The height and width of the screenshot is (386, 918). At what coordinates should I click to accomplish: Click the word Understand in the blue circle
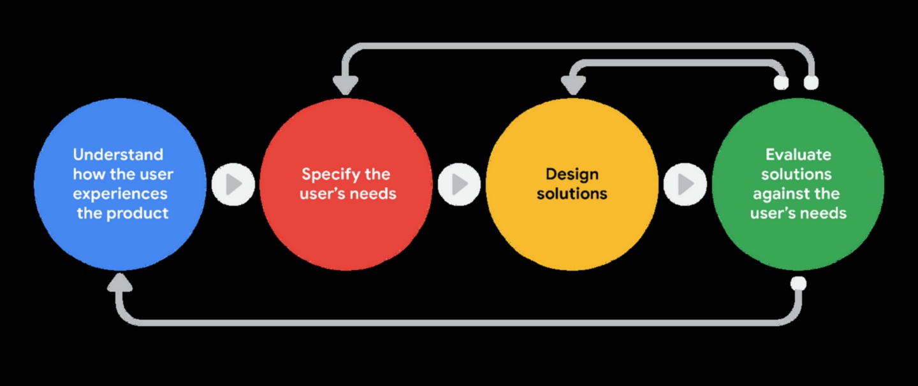[118, 155]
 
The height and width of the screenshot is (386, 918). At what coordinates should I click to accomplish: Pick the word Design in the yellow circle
[572, 175]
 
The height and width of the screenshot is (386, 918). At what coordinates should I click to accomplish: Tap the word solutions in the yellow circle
[572, 194]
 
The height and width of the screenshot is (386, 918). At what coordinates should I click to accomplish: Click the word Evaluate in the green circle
[798, 155]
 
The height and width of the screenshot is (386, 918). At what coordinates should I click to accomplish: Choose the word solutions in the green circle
[796, 175]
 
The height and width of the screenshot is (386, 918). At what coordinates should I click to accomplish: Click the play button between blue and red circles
[233, 184]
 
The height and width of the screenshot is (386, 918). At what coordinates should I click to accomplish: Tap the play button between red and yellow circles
[460, 184]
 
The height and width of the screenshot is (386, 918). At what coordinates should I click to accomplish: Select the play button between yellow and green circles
[685, 184]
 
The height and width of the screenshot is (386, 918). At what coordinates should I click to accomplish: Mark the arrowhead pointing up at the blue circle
[119, 283]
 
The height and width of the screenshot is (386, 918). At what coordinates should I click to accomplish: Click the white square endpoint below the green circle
[798, 283]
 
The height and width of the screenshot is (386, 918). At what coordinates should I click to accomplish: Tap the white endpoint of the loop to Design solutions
[781, 83]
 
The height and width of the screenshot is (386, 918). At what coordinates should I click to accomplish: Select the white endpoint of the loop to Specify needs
[811, 83]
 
